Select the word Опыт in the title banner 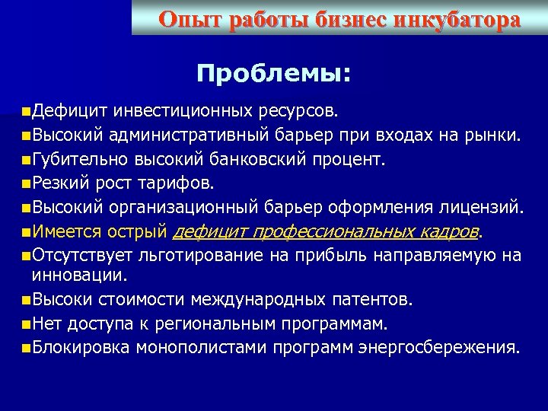[x=185, y=20]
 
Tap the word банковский [x=277, y=160]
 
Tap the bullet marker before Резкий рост [x=27, y=183]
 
